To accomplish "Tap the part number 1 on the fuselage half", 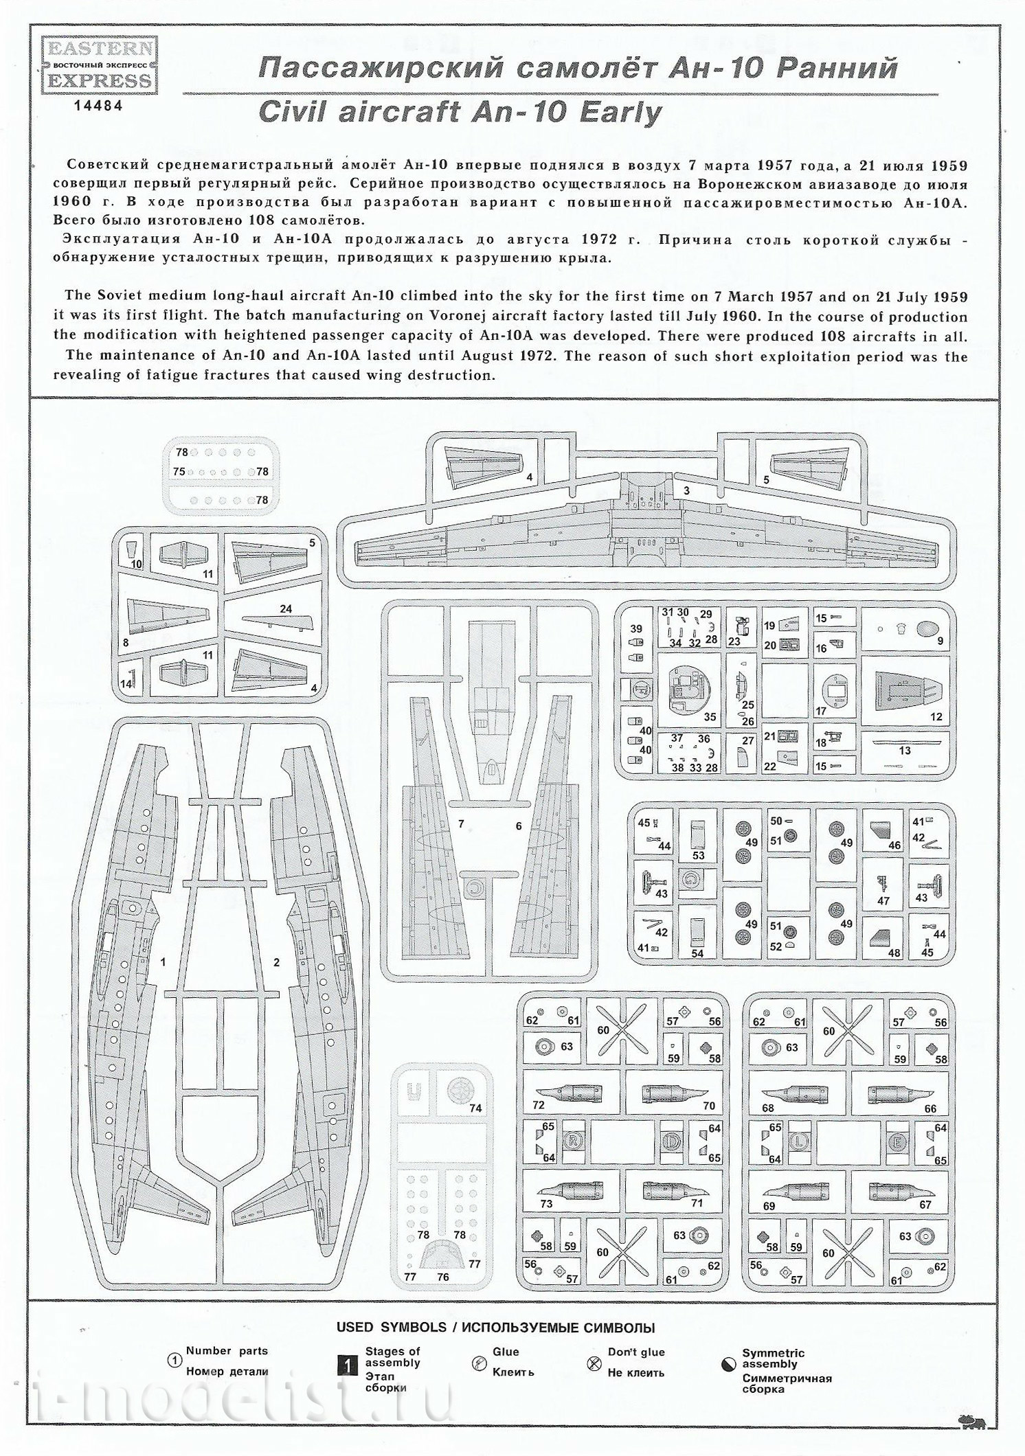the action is tap(163, 962).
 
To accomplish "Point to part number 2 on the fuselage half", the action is tap(277, 963).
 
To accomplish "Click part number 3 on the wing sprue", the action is tap(686, 490).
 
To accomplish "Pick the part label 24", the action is tap(285, 608).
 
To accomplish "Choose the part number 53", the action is tap(699, 856).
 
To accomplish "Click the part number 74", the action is tap(475, 1108).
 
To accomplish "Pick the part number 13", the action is tap(904, 750).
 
